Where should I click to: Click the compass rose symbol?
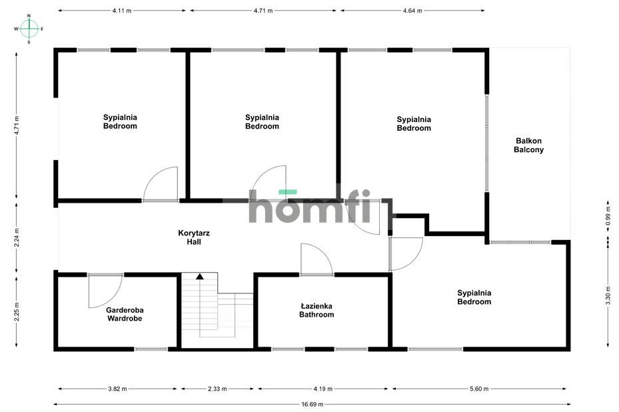pos(29,29)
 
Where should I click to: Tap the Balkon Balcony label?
pos(528,145)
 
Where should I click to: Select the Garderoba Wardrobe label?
pos(125,314)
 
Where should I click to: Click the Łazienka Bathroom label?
pos(316,310)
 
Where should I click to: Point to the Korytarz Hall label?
pos(194,237)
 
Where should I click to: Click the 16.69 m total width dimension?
pos(312,404)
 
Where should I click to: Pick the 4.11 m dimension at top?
pos(121,11)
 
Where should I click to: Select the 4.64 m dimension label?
pos(412,11)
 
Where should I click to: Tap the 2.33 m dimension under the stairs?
pos(217,389)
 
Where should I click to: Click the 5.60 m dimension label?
pos(479,389)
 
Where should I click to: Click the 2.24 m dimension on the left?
pos(17,237)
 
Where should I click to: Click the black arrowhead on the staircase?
pos(200,277)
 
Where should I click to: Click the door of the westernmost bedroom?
pos(160,184)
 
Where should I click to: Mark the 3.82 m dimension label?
pos(118,389)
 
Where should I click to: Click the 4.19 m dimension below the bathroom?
pos(323,389)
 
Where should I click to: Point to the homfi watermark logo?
pos(310,206)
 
